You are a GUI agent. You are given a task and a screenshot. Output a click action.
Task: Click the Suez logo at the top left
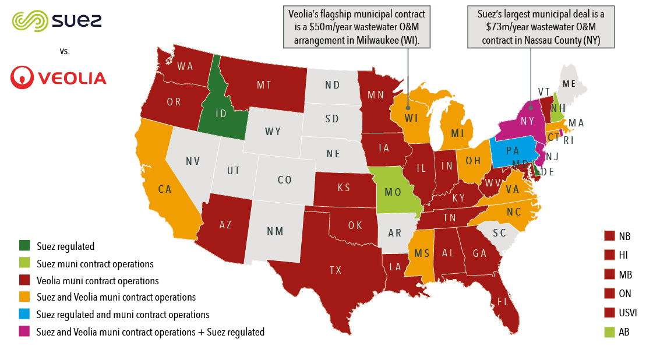pyautogui.click(x=57, y=21)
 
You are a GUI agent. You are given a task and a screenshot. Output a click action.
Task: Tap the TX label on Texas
pyautogui.click(x=336, y=270)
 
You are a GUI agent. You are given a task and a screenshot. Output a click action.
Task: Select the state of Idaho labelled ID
pyautogui.click(x=221, y=113)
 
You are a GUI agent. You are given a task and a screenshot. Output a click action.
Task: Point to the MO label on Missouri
pyautogui.click(x=393, y=192)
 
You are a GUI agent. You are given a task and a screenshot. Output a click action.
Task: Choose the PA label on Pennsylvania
pyautogui.click(x=513, y=150)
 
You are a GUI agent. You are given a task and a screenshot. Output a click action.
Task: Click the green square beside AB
pyautogui.click(x=609, y=332)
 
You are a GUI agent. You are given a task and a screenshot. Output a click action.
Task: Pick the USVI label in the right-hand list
pyautogui.click(x=628, y=313)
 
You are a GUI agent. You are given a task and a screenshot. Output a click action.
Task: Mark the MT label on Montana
pyautogui.click(x=264, y=85)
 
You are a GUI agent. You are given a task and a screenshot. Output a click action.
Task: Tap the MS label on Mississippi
pyautogui.click(x=422, y=253)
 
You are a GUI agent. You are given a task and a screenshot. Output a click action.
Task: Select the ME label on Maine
pyautogui.click(x=569, y=84)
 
